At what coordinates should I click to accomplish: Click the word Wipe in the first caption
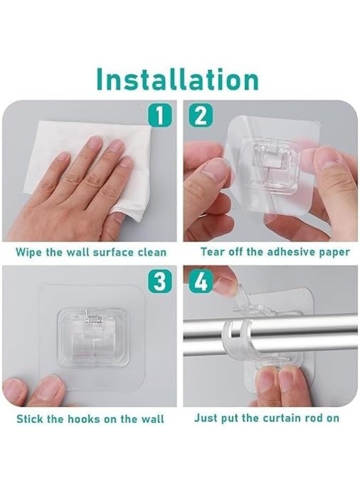(x=28, y=253)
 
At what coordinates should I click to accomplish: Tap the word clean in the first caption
(x=151, y=253)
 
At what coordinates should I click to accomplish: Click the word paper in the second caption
(x=334, y=252)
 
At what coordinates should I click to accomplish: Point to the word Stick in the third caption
(x=29, y=419)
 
